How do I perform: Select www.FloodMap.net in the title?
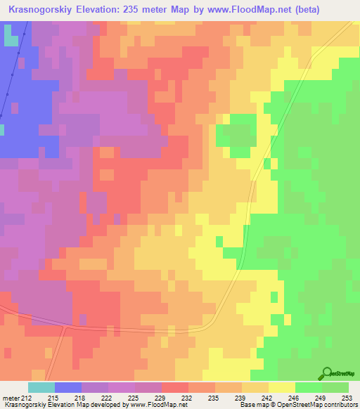(243, 10)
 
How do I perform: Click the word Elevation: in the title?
(103, 10)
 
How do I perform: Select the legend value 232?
(186, 397)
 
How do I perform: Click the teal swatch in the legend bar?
(41, 387)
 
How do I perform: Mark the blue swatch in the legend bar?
(68, 387)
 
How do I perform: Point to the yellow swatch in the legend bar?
(282, 387)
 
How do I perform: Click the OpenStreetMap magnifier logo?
(326, 373)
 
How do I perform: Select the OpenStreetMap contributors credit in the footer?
(319, 405)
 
